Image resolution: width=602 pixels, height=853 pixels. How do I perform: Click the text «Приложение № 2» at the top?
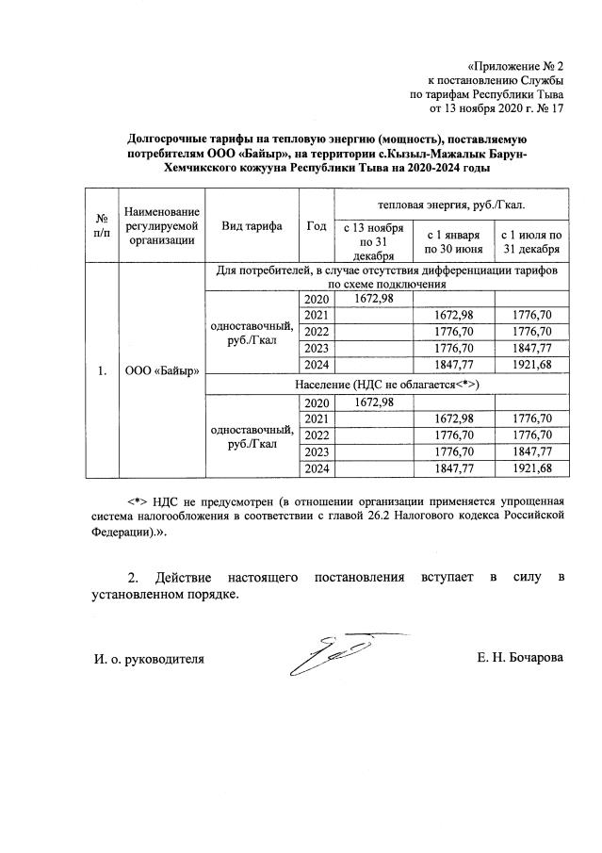pyautogui.click(x=514, y=66)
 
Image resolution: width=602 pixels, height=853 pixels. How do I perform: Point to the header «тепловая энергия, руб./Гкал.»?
pyautogui.click(x=451, y=204)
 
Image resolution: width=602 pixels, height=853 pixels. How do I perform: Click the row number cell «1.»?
pyautogui.click(x=100, y=371)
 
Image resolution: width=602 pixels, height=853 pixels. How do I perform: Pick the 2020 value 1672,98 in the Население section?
pyautogui.click(x=374, y=402)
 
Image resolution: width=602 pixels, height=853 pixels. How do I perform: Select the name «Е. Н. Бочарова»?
pyautogui.click(x=520, y=658)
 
